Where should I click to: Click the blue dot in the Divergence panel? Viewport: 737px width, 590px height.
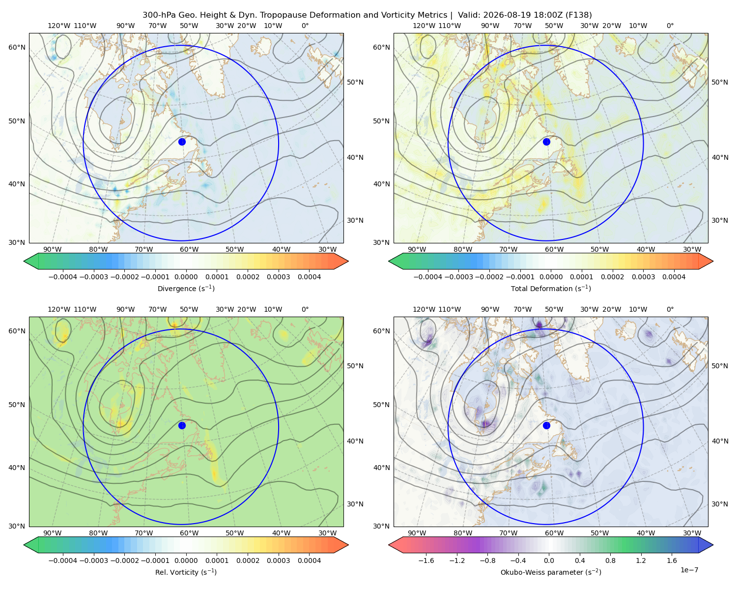coord(182,142)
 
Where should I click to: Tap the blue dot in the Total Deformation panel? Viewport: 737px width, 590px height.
coord(546,142)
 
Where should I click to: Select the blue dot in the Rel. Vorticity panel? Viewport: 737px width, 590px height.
coord(182,425)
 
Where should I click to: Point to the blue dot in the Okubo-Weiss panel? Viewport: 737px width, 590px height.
coord(546,425)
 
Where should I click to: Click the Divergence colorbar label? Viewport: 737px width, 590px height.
coord(186,288)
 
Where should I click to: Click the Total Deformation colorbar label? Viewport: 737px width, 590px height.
coord(551,288)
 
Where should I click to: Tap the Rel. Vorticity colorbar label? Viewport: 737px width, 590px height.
coord(186,572)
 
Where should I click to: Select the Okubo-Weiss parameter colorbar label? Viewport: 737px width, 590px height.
coord(551,572)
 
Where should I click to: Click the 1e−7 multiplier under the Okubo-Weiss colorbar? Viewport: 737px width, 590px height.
coord(689,570)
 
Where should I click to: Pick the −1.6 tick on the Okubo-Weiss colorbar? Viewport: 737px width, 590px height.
coord(426,560)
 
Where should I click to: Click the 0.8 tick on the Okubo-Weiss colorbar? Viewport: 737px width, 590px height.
coord(610,560)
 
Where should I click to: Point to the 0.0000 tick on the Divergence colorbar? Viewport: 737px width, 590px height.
coord(186,277)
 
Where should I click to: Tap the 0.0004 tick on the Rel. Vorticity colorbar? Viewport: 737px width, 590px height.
coord(309,560)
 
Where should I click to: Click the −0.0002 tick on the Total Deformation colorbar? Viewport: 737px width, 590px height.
coord(489,277)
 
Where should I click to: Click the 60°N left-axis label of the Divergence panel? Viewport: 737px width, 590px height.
coord(17,47)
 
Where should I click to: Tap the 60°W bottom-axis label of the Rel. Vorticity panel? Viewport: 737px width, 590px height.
coord(189,533)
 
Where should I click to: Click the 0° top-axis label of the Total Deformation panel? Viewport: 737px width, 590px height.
coord(670,26)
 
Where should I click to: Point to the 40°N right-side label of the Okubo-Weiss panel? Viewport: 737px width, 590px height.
coord(720,441)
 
